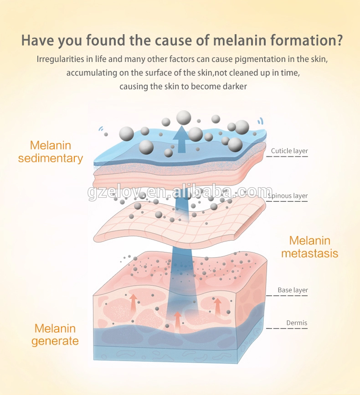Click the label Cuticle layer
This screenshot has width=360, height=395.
point(289,151)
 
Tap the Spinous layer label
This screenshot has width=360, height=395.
point(288,196)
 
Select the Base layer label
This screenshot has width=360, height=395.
point(293,290)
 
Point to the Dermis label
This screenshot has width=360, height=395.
point(297,323)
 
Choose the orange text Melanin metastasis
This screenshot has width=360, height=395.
point(309,246)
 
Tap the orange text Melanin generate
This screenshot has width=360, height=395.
point(55,334)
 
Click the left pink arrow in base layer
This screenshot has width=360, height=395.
point(133,302)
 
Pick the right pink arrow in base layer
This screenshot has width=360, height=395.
point(217,306)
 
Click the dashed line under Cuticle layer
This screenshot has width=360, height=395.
point(287,157)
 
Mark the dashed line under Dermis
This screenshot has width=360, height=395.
point(287,328)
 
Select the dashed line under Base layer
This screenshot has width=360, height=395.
point(287,295)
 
